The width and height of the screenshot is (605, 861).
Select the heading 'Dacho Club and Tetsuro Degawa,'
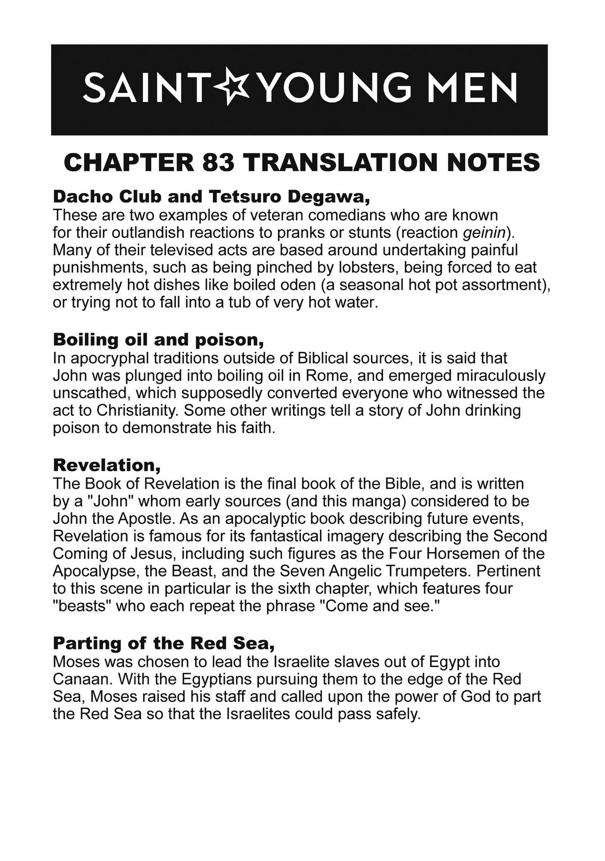click(211, 196)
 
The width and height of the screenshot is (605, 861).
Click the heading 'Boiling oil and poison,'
click(158, 340)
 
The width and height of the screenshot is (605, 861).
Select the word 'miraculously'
click(501, 375)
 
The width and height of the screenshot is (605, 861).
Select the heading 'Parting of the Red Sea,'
click(164, 643)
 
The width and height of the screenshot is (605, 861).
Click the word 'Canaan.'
click(81, 679)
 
